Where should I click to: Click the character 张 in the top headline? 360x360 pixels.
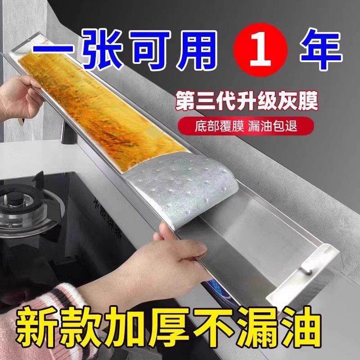point(90,47)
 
